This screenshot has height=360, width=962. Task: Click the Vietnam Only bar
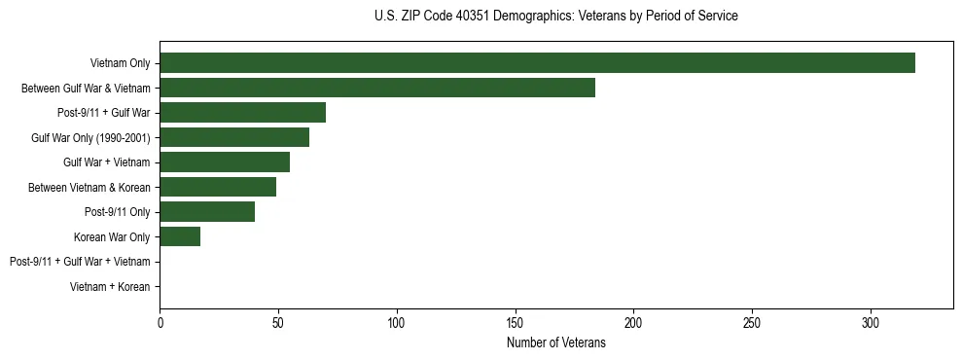[537, 63]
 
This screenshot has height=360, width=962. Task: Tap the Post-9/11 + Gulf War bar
[242, 113]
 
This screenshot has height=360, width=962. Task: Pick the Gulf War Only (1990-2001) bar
[234, 137]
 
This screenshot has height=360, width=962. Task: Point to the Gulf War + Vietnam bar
[225, 162]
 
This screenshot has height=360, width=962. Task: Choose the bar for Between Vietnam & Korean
[218, 187]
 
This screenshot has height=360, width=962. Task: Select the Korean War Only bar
[180, 236]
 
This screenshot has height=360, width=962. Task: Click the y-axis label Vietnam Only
[120, 63]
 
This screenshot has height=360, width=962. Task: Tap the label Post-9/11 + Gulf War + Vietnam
[80, 262]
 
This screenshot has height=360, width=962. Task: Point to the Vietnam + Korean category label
[110, 287]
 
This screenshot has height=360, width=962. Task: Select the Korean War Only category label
[112, 236]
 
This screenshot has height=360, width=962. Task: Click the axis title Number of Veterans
[555, 342]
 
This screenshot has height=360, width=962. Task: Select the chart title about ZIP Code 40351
[555, 17]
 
